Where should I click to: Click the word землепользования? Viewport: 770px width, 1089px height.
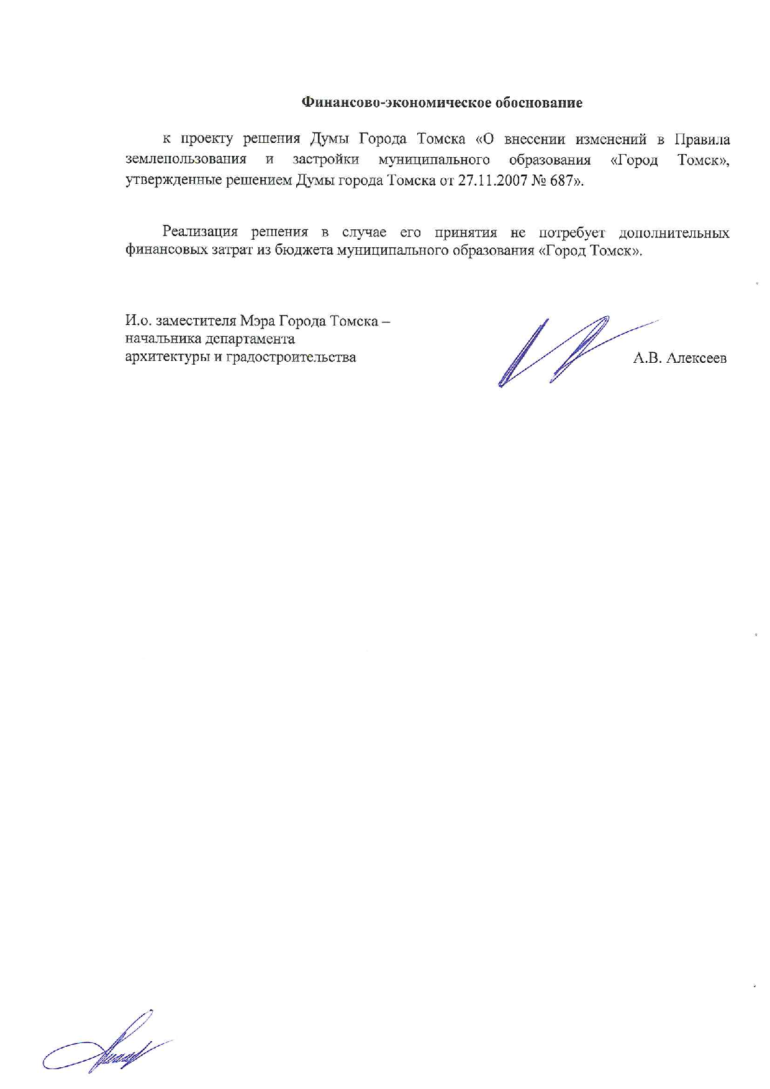click(186, 160)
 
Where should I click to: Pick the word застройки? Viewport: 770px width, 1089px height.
click(325, 160)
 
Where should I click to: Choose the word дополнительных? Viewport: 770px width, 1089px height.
click(674, 233)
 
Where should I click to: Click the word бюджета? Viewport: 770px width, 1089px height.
click(304, 252)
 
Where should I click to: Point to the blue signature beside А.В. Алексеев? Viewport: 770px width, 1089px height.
click(559, 351)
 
